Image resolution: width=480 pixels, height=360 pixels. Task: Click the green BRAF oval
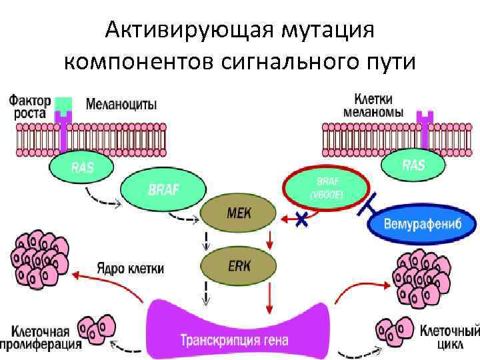(x=163, y=190)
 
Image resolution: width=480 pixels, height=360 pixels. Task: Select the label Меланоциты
(x=121, y=104)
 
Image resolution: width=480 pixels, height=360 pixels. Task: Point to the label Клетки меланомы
(x=373, y=105)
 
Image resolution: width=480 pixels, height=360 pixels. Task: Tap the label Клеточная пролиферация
(x=41, y=337)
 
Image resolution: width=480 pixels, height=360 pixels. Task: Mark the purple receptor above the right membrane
(x=424, y=123)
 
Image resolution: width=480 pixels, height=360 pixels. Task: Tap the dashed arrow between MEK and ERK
(x=206, y=238)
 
